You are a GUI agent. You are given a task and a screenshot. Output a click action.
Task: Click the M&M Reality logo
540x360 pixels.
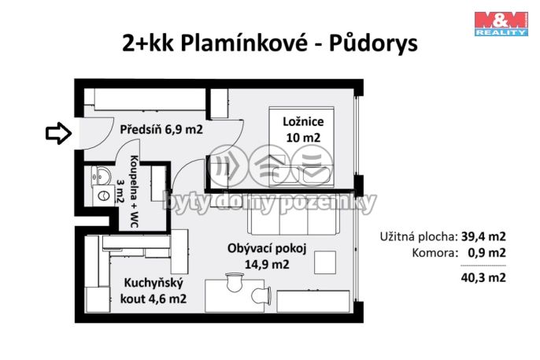pos(501,24)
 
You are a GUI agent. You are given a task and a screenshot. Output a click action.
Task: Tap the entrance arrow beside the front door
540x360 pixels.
pos(58,133)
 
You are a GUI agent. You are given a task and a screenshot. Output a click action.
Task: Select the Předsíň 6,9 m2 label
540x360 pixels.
pos(161,129)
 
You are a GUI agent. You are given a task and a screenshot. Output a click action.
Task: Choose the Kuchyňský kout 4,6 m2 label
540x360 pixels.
pos(153,291)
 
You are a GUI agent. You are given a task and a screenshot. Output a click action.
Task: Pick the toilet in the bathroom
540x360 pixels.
pos(103,196)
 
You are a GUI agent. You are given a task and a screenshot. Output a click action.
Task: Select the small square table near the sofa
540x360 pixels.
pos(325,262)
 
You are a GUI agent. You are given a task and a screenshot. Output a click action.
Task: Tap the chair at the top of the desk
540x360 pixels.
pos(235,281)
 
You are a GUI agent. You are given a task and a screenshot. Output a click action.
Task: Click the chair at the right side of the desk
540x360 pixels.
pos(261,295)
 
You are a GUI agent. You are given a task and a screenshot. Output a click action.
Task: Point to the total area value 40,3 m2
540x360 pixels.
pos(483,277)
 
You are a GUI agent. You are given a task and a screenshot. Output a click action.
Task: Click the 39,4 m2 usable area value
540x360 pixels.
pos(483,236)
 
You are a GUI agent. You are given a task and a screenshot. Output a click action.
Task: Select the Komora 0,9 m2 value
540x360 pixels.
pos(486,253)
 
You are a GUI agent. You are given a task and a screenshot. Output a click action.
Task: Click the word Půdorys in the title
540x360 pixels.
pos(373,44)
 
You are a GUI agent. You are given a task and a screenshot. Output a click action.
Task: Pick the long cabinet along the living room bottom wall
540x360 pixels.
pos(313,302)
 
